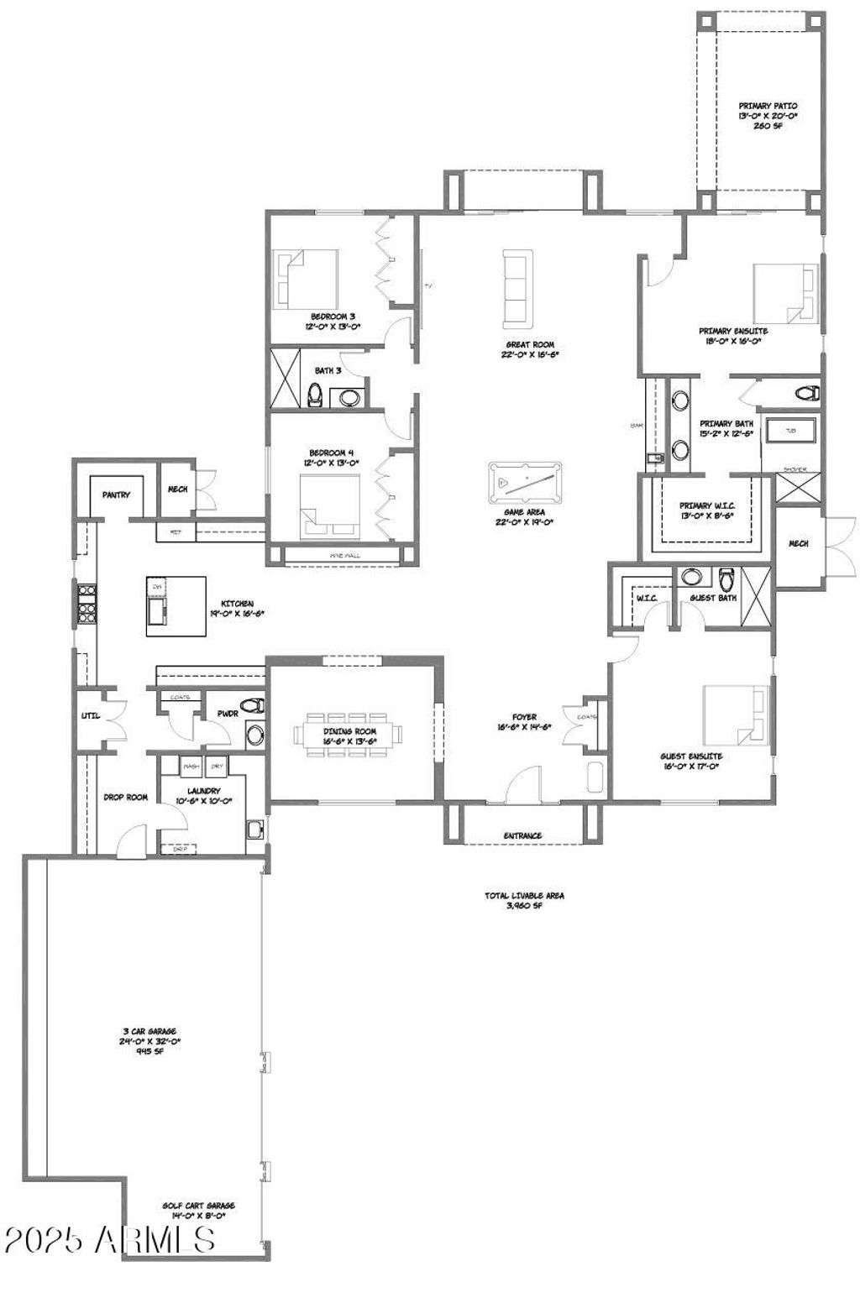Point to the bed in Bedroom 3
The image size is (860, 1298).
(306, 279)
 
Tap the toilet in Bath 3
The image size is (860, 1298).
(315, 395)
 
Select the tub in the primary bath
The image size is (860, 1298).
(790, 431)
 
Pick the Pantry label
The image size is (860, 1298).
(116, 495)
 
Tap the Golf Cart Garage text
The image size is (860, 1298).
(193, 1210)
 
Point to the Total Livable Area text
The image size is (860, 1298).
(524, 900)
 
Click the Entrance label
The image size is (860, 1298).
(522, 835)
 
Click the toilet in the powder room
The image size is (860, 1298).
(253, 704)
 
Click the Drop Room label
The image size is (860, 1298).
(125, 797)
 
